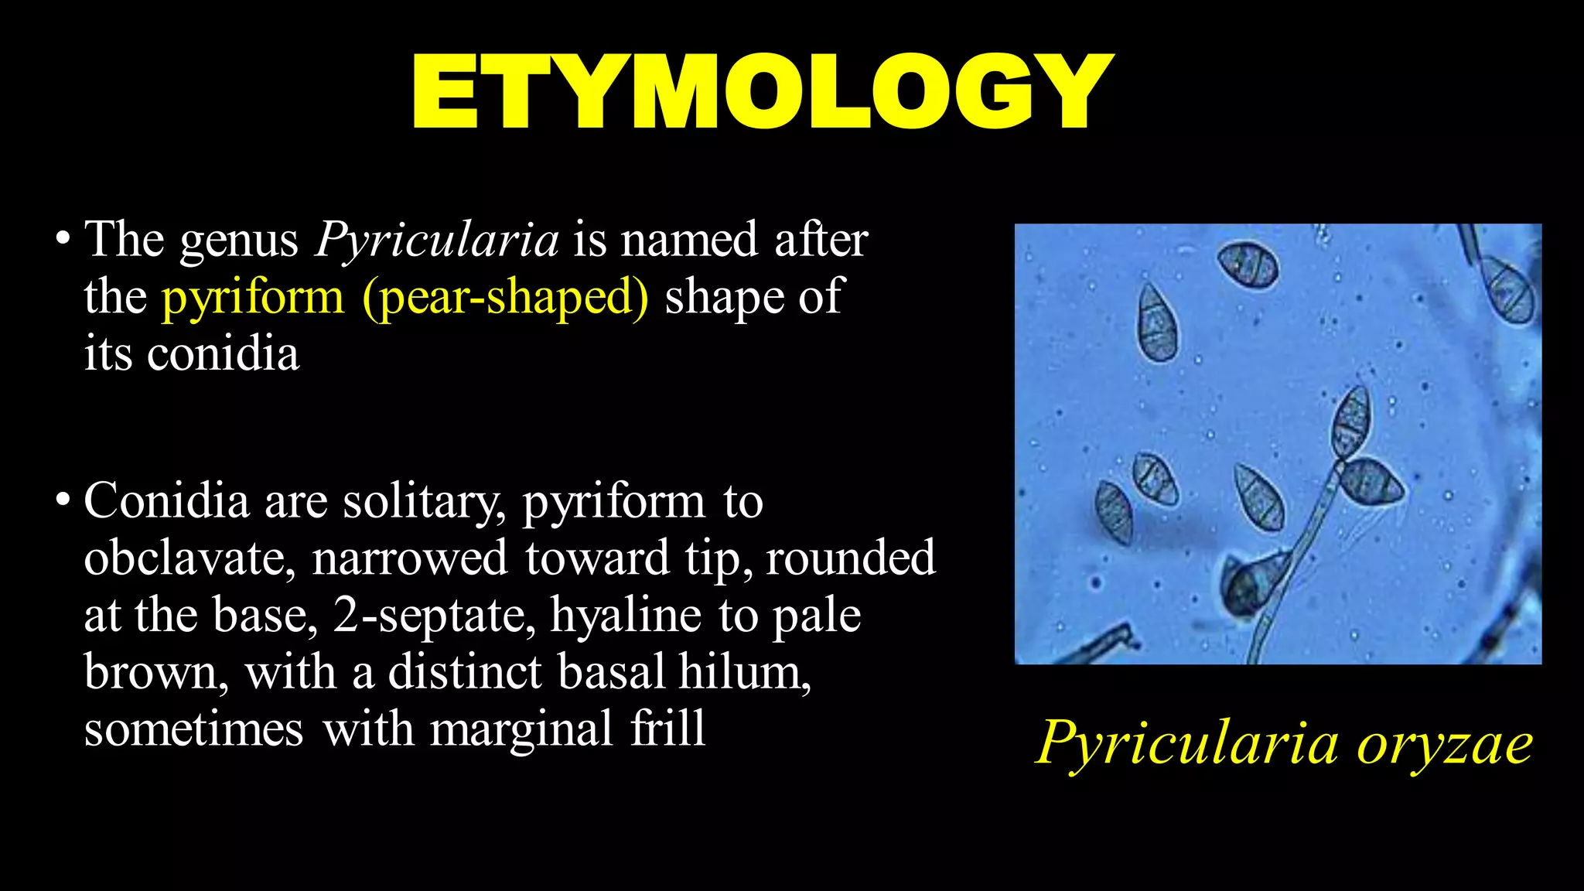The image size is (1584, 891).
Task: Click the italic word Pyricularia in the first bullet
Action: point(437,239)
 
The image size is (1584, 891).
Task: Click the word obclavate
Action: point(189,558)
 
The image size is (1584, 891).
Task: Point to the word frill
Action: point(667,729)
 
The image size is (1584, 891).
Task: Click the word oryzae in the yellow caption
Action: point(1445,743)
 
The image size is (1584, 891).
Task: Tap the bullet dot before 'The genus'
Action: point(63,239)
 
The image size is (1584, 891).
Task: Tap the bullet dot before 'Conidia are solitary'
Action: point(63,500)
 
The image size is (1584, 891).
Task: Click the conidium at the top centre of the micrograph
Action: point(1247,265)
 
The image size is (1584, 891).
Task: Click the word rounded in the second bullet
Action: point(850,558)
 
